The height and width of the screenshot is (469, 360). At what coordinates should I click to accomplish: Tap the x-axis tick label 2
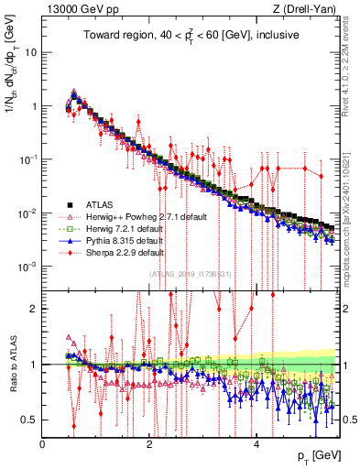pos(149,444)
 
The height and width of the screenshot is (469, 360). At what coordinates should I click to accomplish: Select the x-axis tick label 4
pos(256,444)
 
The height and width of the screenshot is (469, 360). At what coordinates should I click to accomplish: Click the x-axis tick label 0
pos(43,444)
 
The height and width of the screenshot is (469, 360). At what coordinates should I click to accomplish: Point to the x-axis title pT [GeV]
pos(318,456)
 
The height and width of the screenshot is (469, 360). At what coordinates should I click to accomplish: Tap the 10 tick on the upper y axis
pos(30,52)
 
